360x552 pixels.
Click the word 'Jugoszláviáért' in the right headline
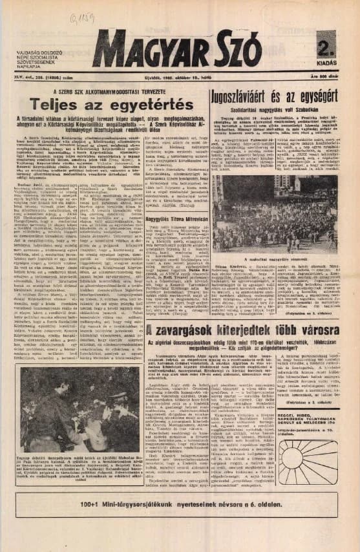click(x=248, y=95)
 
